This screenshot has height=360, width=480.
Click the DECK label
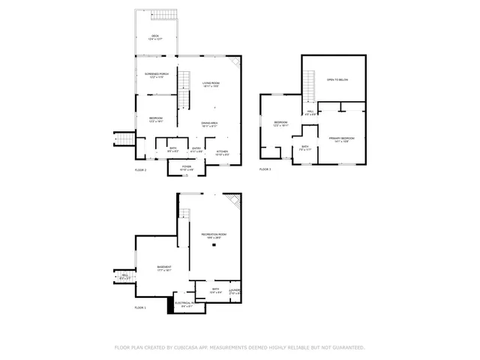155,37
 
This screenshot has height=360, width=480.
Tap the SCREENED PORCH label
146,74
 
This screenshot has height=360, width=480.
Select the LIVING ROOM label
210,82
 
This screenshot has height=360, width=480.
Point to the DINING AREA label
209,124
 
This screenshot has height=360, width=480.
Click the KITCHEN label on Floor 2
223,151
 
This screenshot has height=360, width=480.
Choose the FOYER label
187,168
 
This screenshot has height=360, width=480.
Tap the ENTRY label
196,148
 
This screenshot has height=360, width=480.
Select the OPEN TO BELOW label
337,79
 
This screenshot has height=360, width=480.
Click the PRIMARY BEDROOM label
341,139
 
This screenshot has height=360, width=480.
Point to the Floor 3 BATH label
305,147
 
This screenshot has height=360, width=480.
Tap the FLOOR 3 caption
265,169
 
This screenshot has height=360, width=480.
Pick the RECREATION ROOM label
214,235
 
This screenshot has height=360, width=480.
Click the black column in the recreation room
214,245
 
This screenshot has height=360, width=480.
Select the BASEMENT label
164,268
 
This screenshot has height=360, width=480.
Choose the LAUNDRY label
235,289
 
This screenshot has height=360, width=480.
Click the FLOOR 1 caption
140,308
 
